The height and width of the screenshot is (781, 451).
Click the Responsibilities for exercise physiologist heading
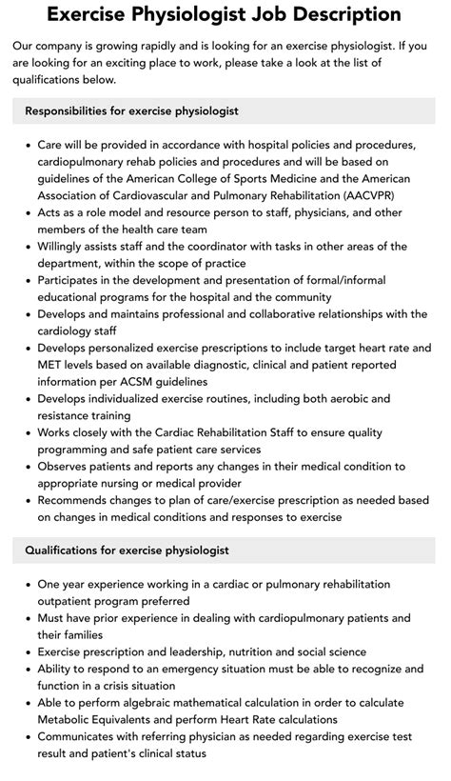131,110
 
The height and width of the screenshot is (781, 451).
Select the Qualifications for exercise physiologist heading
127,550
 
